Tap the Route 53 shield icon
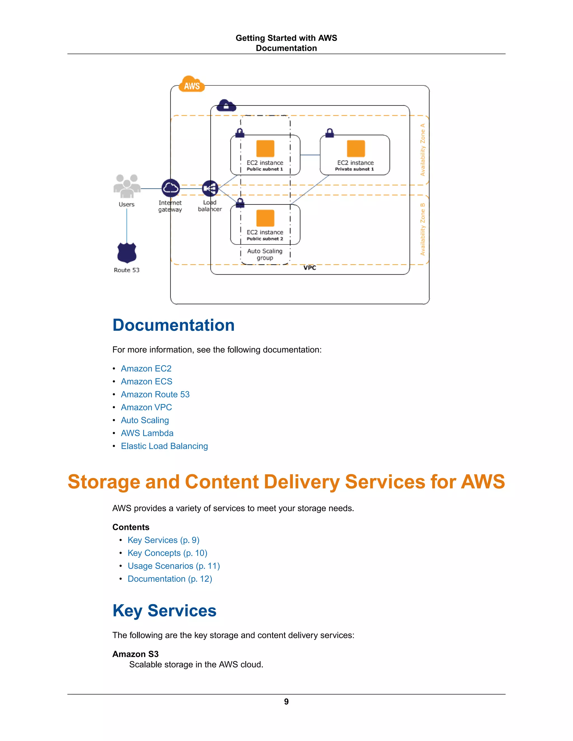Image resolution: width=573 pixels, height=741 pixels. point(127,253)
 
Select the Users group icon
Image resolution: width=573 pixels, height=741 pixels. point(127,186)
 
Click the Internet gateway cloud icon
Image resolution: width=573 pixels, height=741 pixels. point(171,188)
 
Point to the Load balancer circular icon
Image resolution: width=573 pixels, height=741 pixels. point(210,188)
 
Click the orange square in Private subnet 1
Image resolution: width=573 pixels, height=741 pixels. point(356,148)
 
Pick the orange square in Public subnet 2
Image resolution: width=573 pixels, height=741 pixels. point(265,218)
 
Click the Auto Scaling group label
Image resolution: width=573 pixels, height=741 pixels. point(265,254)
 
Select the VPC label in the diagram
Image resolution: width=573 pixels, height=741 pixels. point(310,268)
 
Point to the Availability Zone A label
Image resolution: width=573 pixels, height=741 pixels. point(423,150)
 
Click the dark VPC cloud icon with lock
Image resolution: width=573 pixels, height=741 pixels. point(226,105)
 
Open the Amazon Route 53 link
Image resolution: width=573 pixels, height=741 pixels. point(155,394)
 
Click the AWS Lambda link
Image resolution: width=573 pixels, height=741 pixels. point(147,433)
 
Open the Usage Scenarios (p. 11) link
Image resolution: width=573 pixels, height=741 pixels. point(174,566)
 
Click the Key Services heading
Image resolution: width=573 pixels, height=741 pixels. point(164,610)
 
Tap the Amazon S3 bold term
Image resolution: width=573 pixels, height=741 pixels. point(135,654)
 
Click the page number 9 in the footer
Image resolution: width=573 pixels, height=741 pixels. point(286,701)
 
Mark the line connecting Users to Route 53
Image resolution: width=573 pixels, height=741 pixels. point(127,226)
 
